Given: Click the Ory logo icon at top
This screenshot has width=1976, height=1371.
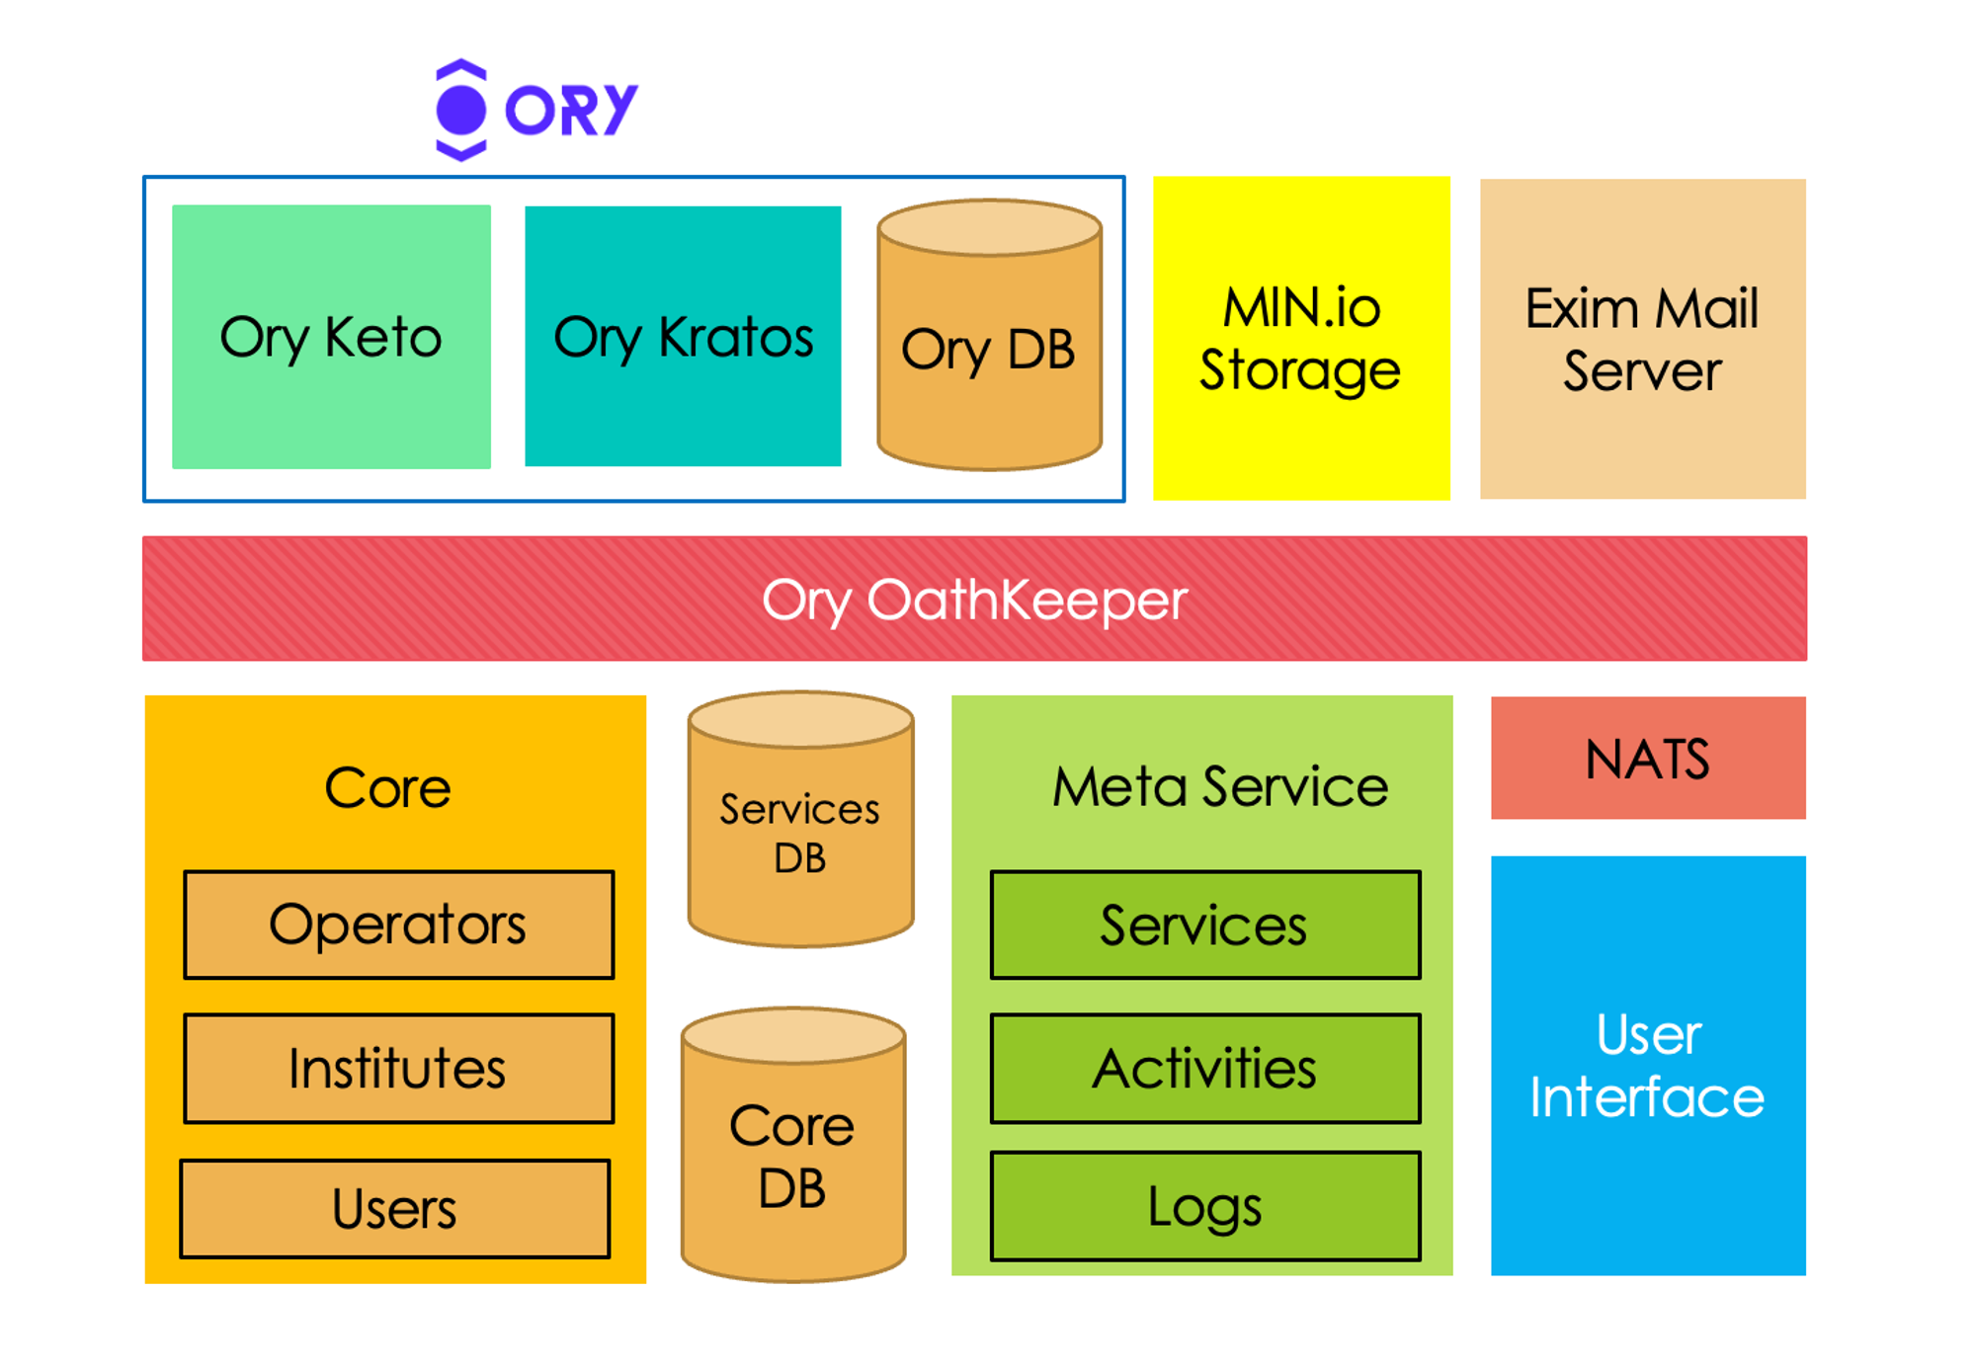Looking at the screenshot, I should point(460,110).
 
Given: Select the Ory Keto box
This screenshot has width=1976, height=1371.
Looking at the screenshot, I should point(331,337).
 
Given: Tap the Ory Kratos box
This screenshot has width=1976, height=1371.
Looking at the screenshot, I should point(683,337).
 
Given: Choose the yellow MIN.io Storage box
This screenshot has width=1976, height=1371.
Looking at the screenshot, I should point(1300,339).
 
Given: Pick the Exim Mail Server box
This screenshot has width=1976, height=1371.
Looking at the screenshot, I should point(1642,339).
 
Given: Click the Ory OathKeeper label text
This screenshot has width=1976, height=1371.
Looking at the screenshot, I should point(974,600).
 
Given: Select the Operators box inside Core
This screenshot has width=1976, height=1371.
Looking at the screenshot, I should point(398,926).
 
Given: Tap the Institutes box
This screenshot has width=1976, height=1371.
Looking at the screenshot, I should point(398,1069).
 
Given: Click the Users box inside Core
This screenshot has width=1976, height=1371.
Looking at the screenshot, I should point(394,1209).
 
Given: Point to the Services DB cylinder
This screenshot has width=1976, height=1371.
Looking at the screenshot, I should point(800,833).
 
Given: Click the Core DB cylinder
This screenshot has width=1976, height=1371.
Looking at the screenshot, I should point(792,1156).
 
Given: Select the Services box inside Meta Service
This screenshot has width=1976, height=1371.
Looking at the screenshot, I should point(1204,926).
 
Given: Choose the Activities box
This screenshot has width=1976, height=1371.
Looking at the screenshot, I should point(1204,1069).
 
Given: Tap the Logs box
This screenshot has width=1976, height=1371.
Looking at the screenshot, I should point(1204,1206).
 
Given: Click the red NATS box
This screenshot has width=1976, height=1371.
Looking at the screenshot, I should point(1647,759).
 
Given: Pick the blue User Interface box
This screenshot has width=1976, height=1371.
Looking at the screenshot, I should point(1647,1066).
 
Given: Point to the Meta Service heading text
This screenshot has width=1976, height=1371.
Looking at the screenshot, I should point(1220,787).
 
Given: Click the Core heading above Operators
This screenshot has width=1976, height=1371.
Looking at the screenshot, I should point(388,788).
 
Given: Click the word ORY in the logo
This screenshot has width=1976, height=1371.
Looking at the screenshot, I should point(571,110).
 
